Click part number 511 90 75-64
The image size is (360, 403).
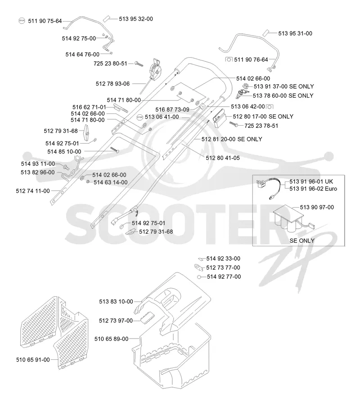(45, 21)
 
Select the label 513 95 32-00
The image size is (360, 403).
(136, 19)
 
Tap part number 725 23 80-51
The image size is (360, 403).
(110, 63)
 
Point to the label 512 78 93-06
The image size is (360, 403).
(112, 84)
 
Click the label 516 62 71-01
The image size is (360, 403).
(89, 107)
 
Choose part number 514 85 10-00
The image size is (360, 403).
(64, 152)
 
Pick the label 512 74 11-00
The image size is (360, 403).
(33, 191)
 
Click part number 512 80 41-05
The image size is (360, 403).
(223, 158)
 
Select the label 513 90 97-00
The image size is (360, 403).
(317, 208)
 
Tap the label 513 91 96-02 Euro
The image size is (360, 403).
(313, 189)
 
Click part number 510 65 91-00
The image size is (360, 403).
(33, 360)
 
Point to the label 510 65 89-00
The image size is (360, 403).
(112, 339)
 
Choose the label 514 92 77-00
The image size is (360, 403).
(224, 277)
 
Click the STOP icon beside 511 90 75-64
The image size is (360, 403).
(22, 21)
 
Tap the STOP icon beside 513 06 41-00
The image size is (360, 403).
(139, 118)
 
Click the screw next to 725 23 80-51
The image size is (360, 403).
(139, 63)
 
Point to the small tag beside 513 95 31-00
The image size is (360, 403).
(266, 33)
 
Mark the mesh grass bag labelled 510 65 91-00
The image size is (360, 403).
(54, 334)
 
